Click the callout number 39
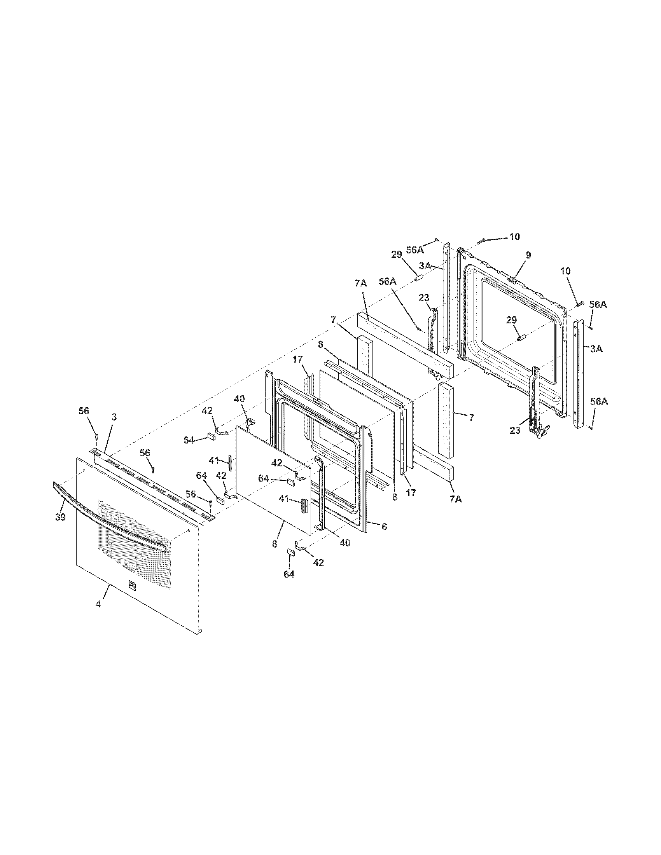pos(60,517)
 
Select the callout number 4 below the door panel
pos(98,604)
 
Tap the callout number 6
pos(384,527)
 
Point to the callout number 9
pos(528,255)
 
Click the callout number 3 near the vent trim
pos(114,417)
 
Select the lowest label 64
pos(289,574)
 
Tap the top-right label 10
pos(514,236)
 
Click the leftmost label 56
pos(84,411)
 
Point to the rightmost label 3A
pos(596,349)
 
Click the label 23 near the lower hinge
pos(515,430)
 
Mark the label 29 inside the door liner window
pos(511,320)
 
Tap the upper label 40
pos(240,398)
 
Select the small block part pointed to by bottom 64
pos(291,551)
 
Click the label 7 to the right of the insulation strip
pos(471,418)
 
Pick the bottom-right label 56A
pos(598,402)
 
